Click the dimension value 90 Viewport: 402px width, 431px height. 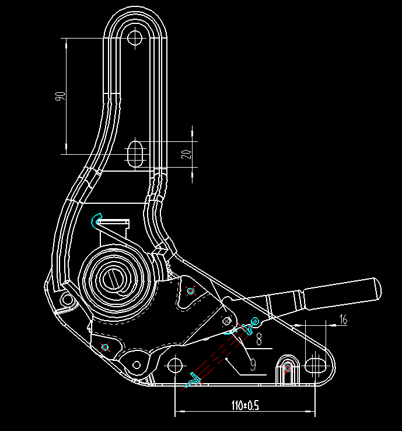point(59,96)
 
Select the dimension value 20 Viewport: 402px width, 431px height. point(186,154)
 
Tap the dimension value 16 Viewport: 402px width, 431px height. point(342,319)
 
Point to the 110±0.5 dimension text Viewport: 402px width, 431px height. point(244,404)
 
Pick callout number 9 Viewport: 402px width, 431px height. point(253,365)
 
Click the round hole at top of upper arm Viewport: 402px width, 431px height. point(135,39)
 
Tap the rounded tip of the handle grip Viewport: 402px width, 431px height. point(376,287)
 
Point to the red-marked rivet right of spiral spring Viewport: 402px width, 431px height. point(190,291)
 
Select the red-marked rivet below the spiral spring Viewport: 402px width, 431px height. point(106,347)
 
